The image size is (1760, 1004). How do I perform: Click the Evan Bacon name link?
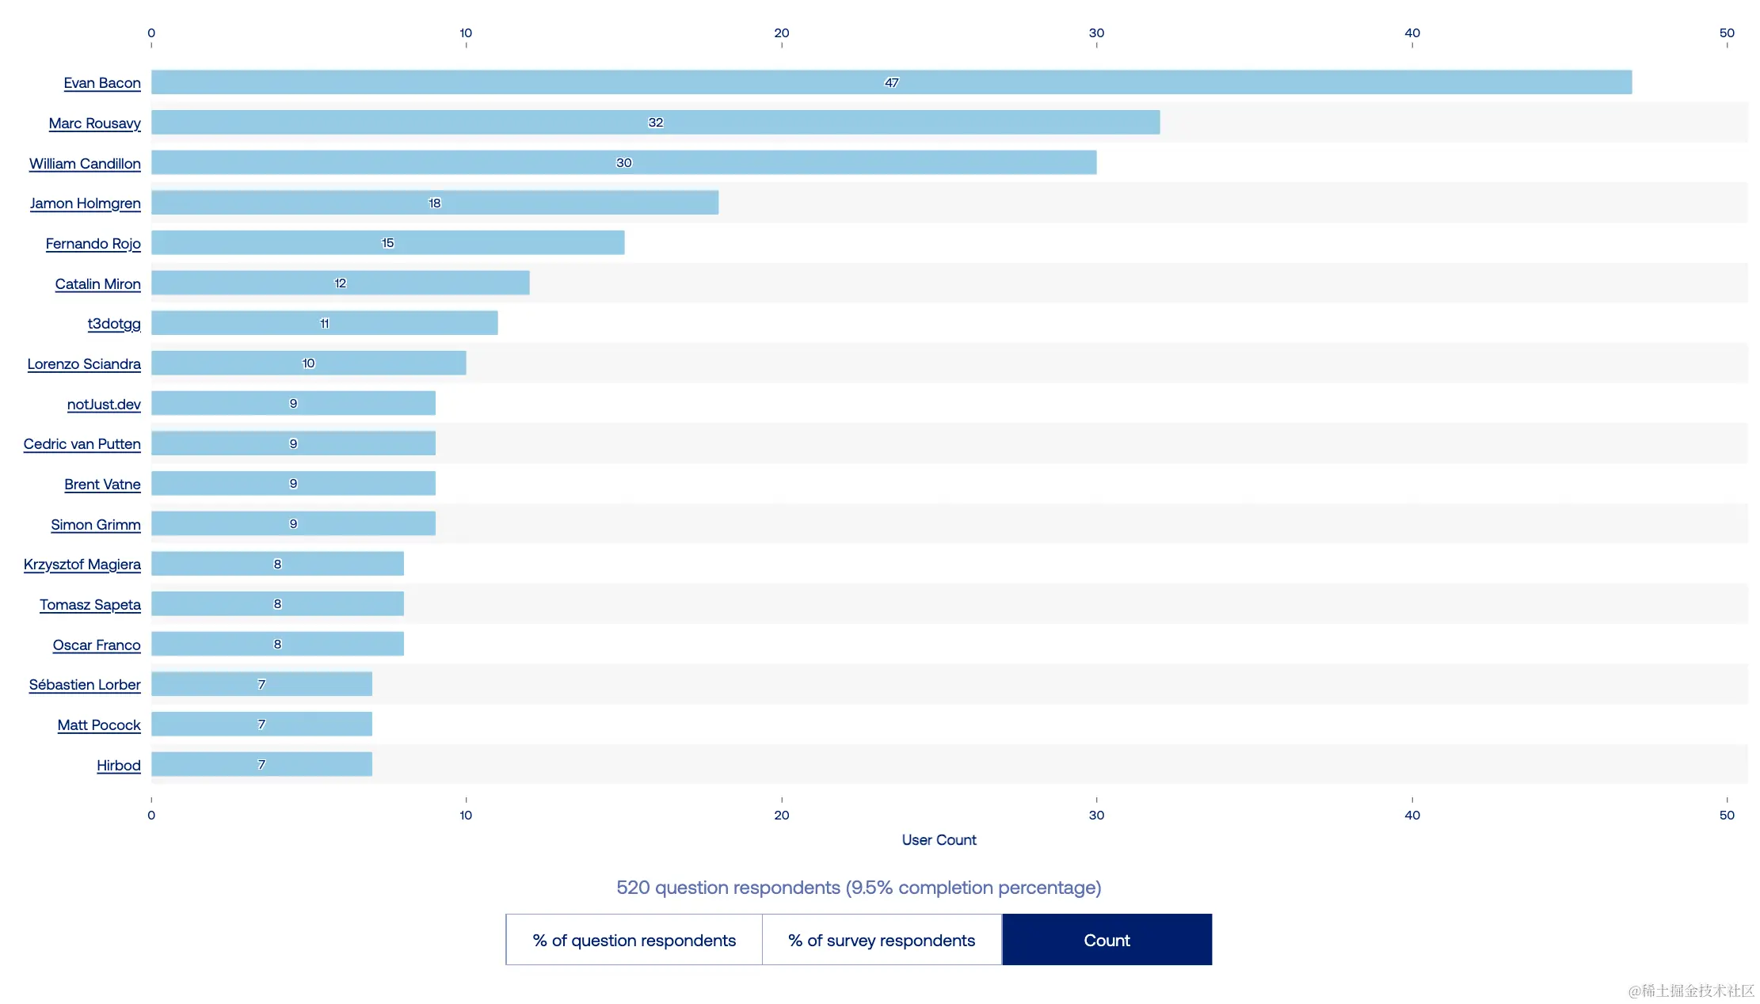click(x=102, y=83)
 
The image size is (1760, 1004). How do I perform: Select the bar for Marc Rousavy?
click(x=655, y=123)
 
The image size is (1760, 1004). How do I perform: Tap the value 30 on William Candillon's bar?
click(x=624, y=163)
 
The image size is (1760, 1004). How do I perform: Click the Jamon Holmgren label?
click(x=86, y=203)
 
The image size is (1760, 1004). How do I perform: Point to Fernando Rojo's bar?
click(x=387, y=243)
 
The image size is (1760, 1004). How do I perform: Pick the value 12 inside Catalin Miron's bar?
click(x=341, y=283)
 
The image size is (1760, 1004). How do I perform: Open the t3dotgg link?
click(x=114, y=324)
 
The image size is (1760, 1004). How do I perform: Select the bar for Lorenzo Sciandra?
click(x=308, y=363)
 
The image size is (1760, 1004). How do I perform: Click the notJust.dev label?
click(x=104, y=405)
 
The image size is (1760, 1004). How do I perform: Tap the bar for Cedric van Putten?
click(x=293, y=443)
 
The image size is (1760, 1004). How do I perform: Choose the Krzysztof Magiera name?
click(x=82, y=565)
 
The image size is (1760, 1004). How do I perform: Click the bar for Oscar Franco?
click(x=277, y=644)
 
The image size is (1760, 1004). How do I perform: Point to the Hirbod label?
click(x=119, y=766)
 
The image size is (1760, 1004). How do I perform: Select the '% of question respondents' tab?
click(x=634, y=940)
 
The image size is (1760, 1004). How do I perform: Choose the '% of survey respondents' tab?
click(x=882, y=940)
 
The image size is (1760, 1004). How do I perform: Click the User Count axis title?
click(x=939, y=840)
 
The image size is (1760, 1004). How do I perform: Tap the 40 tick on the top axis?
click(x=1411, y=33)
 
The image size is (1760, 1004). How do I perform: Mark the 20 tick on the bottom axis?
click(x=782, y=815)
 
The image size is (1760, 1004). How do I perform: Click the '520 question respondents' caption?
click(x=859, y=888)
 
